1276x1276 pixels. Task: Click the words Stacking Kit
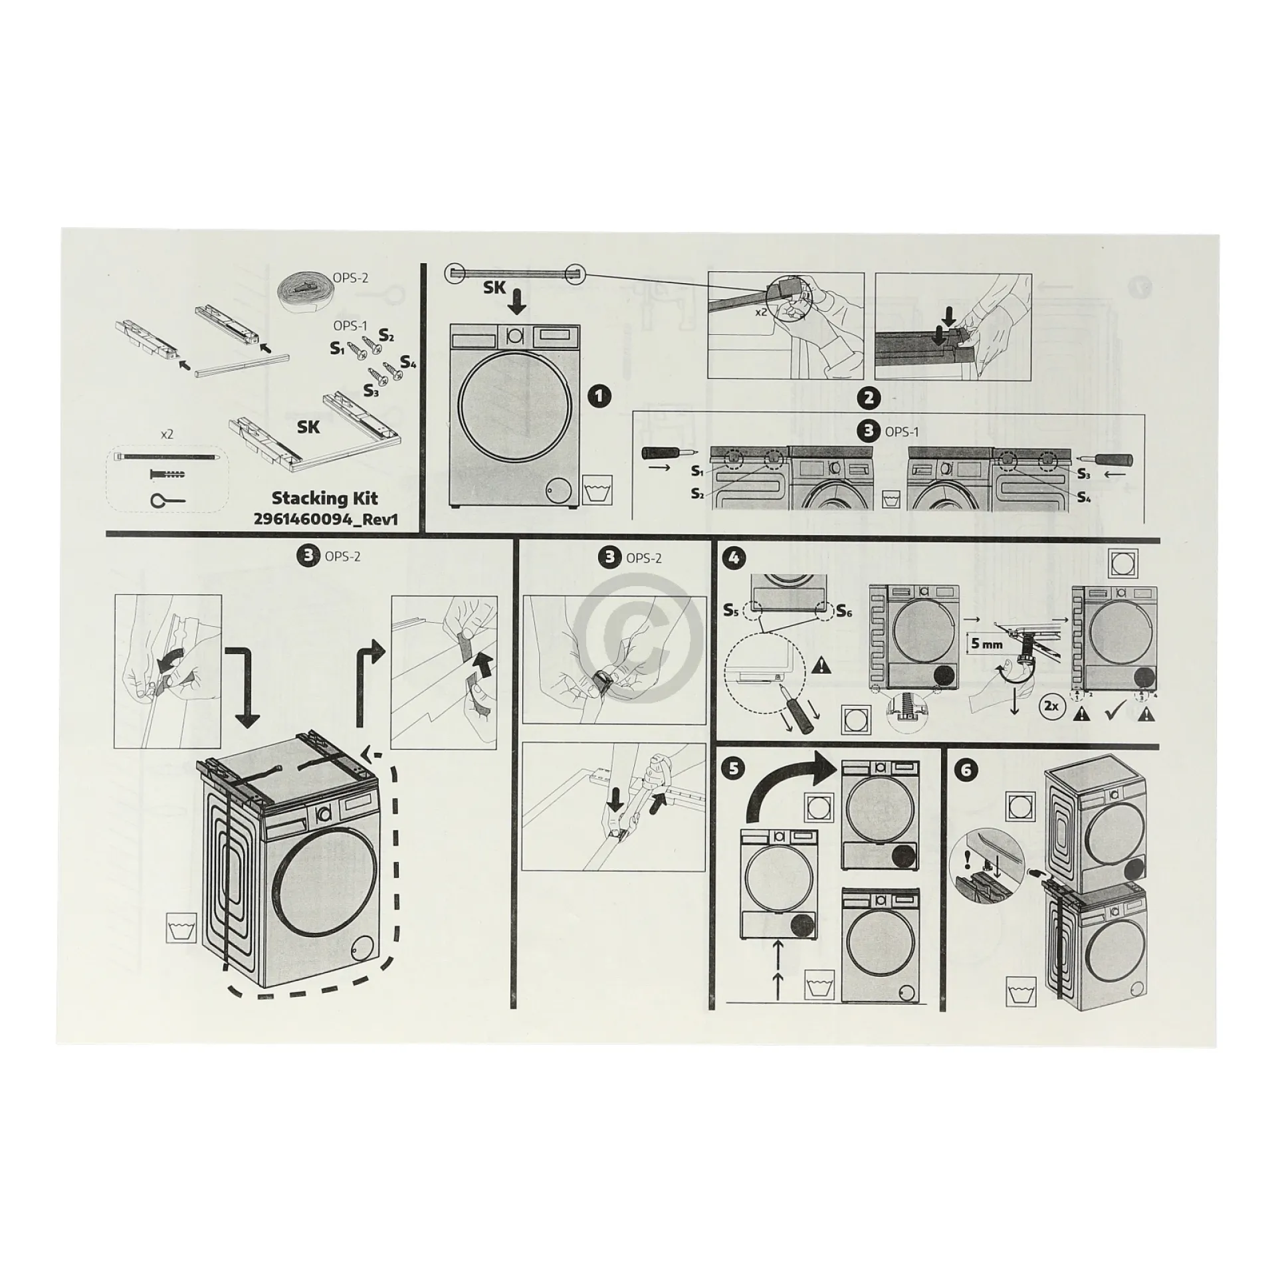[x=325, y=498]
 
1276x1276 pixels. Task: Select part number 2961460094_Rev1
[x=326, y=519]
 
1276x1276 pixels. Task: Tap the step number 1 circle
[x=599, y=397]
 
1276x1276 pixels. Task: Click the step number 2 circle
[x=869, y=397]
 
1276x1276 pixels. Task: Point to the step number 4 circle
[x=734, y=558]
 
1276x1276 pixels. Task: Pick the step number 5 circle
[x=734, y=769]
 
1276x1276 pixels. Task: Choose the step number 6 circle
[x=966, y=770]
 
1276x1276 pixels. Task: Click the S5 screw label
[x=732, y=610]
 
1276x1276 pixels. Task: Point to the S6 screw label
[x=844, y=611]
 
